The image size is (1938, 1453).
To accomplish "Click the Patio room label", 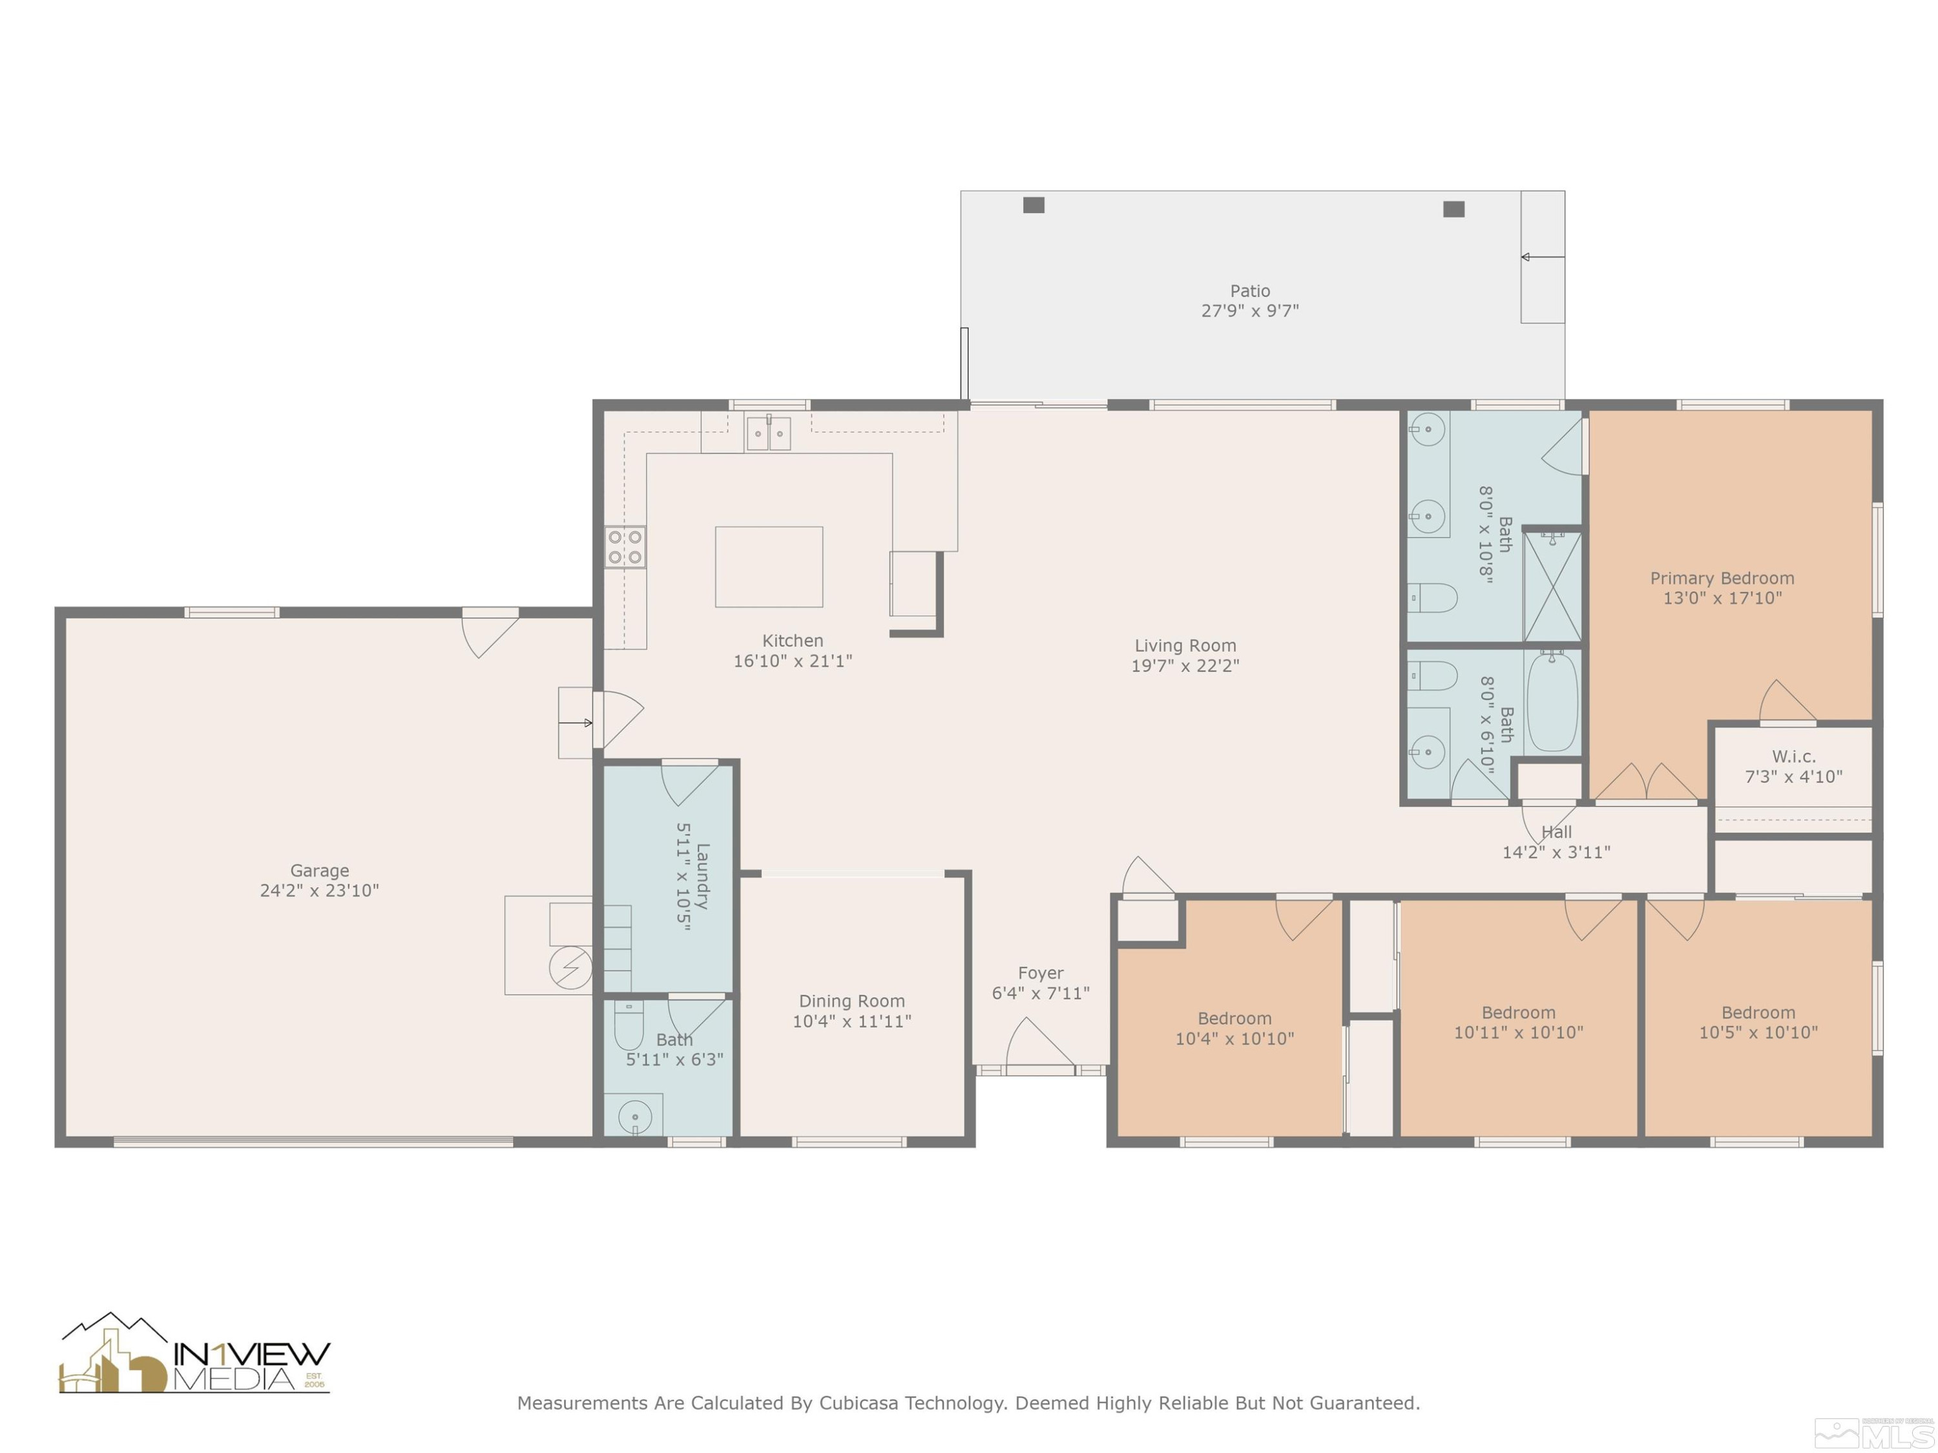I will click(1249, 291).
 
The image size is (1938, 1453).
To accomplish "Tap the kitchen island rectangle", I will click(768, 566).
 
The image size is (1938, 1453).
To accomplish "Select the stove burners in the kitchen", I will click(625, 548).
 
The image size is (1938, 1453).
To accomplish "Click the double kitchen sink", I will click(768, 433).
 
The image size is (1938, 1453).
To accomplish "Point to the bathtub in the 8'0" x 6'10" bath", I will click(1552, 701).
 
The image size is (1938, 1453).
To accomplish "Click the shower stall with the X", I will click(1552, 586).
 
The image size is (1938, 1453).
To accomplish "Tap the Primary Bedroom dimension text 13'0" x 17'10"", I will click(1722, 598).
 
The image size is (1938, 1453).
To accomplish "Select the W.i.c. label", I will click(1793, 756).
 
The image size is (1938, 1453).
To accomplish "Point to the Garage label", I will click(319, 870).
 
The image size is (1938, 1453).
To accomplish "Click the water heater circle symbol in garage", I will click(570, 968).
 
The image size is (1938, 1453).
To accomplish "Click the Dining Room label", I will click(851, 1000).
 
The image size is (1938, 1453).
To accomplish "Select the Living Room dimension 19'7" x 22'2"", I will click(1185, 666).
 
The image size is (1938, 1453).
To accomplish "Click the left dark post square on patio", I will click(1033, 205).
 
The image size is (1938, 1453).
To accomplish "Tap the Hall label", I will click(1556, 832).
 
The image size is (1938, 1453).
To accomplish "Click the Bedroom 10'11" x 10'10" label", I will click(1517, 1013).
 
